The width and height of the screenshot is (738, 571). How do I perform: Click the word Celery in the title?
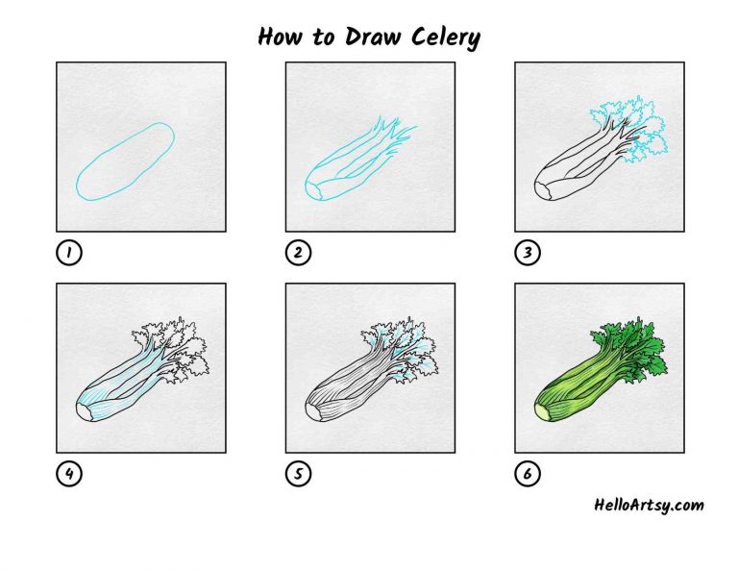(x=446, y=37)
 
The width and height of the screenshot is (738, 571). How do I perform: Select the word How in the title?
(x=280, y=37)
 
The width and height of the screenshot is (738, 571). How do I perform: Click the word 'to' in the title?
(x=323, y=37)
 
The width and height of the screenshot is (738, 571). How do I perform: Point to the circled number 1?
(x=69, y=253)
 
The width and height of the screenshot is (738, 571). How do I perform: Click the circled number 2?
(x=298, y=253)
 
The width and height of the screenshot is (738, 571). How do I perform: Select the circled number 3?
(x=528, y=253)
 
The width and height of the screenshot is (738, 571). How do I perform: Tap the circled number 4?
(x=69, y=474)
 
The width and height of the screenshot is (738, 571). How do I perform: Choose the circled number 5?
(x=298, y=474)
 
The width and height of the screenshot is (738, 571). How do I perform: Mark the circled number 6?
(x=528, y=474)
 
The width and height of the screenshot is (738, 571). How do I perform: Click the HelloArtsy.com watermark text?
(x=649, y=506)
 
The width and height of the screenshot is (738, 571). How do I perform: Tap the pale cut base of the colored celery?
(x=542, y=412)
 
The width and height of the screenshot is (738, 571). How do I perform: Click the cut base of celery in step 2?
(x=312, y=191)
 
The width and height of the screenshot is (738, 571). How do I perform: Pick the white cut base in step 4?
(x=84, y=412)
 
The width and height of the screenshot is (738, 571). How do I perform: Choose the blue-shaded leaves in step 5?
(x=401, y=349)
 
